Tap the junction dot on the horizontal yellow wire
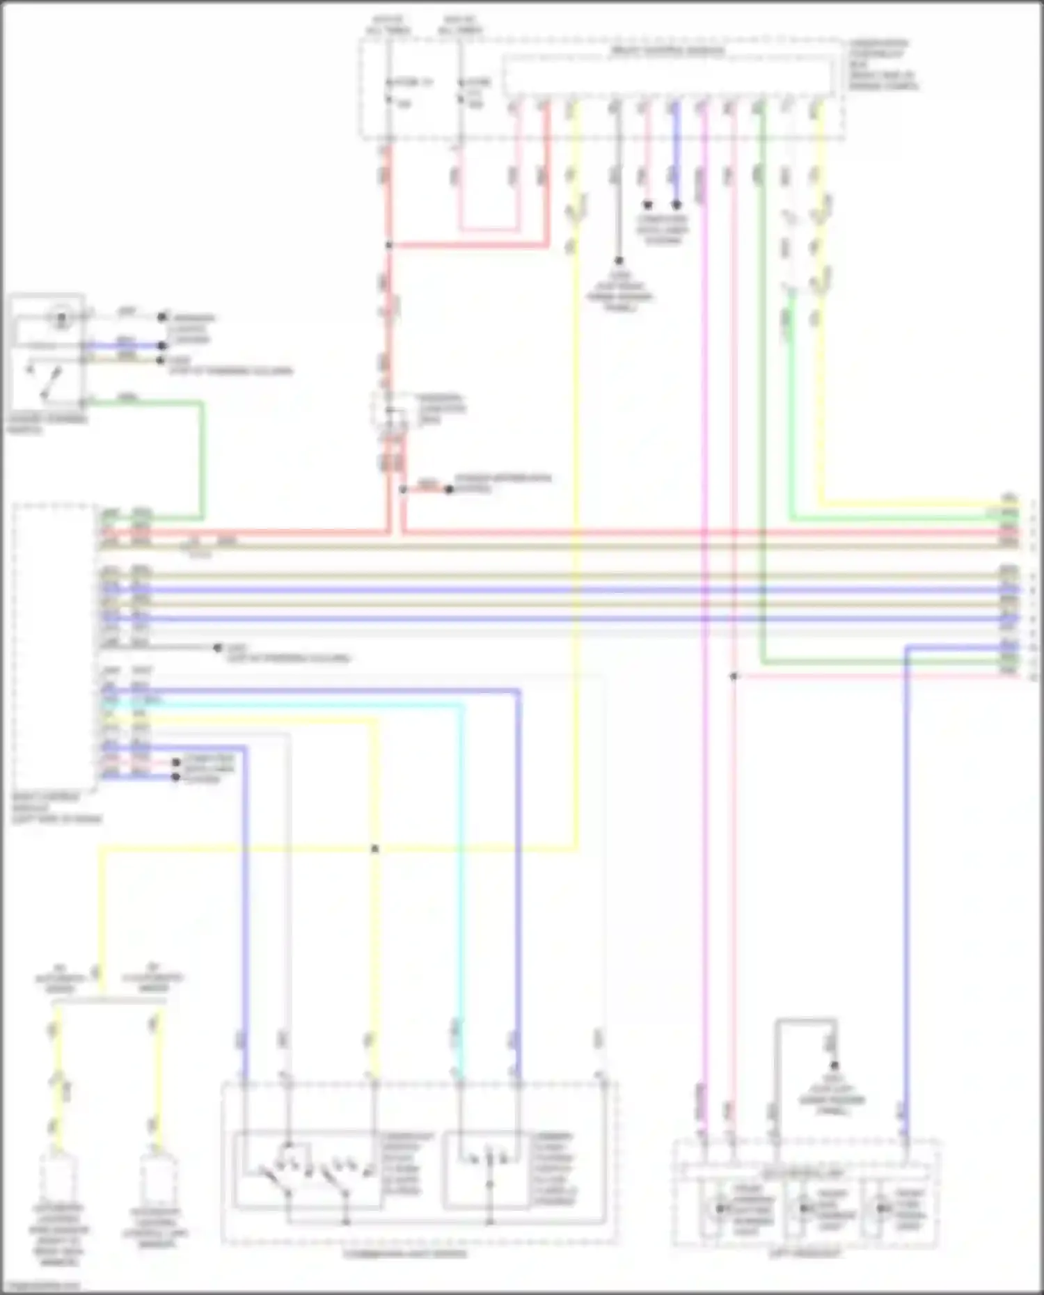click(x=375, y=849)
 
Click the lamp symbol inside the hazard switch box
click(x=61, y=319)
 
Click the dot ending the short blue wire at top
click(x=676, y=205)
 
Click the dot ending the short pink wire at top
click(x=647, y=205)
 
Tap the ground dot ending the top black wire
click(x=618, y=262)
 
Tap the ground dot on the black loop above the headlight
click(x=834, y=1065)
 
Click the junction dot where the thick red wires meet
click(x=389, y=245)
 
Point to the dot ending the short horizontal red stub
click(x=449, y=489)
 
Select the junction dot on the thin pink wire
click(x=734, y=676)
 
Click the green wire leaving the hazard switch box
click(x=203, y=452)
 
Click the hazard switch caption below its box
click(x=47, y=424)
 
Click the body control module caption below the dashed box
click(x=56, y=807)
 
